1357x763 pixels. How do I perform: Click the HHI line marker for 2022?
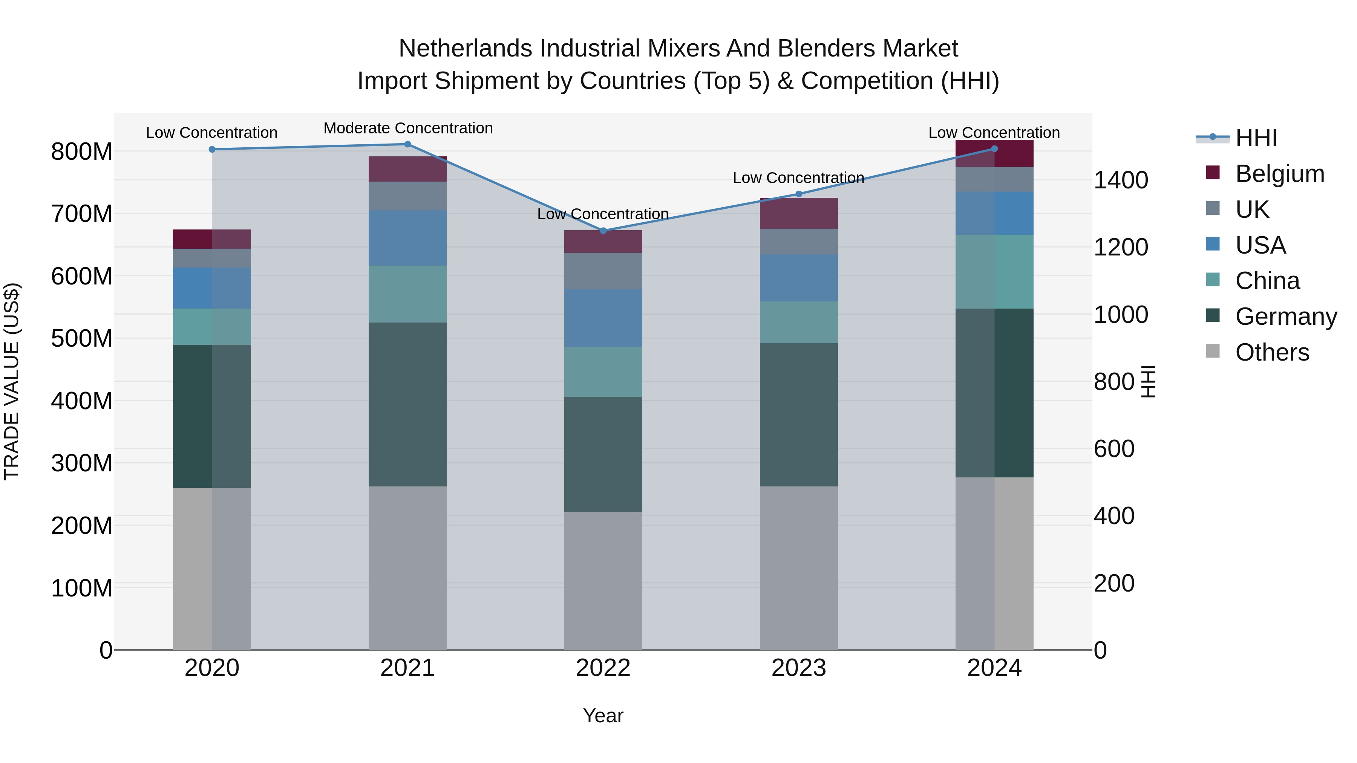click(x=603, y=231)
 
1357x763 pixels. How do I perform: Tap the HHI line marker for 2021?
click(x=407, y=144)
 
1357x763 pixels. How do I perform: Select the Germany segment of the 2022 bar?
click(x=603, y=454)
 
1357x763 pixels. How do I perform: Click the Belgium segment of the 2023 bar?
click(x=799, y=213)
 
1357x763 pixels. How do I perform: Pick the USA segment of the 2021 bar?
click(x=407, y=238)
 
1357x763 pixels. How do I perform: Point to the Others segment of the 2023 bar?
click(x=799, y=568)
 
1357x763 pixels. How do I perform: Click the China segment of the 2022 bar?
click(x=603, y=371)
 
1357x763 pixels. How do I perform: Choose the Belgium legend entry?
click(x=1279, y=174)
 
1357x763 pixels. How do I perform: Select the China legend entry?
click(x=1267, y=281)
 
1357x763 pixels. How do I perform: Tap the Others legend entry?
click(x=1272, y=352)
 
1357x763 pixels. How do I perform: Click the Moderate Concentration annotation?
click(x=408, y=128)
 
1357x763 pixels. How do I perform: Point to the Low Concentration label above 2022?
click(x=603, y=214)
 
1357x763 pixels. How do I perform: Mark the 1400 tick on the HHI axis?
click(x=1121, y=180)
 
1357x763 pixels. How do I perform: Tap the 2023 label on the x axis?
click(x=799, y=668)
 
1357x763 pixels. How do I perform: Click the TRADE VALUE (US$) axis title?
click(x=12, y=381)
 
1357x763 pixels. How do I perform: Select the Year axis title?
click(x=603, y=716)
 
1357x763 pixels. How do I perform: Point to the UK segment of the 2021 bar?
click(x=407, y=196)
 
